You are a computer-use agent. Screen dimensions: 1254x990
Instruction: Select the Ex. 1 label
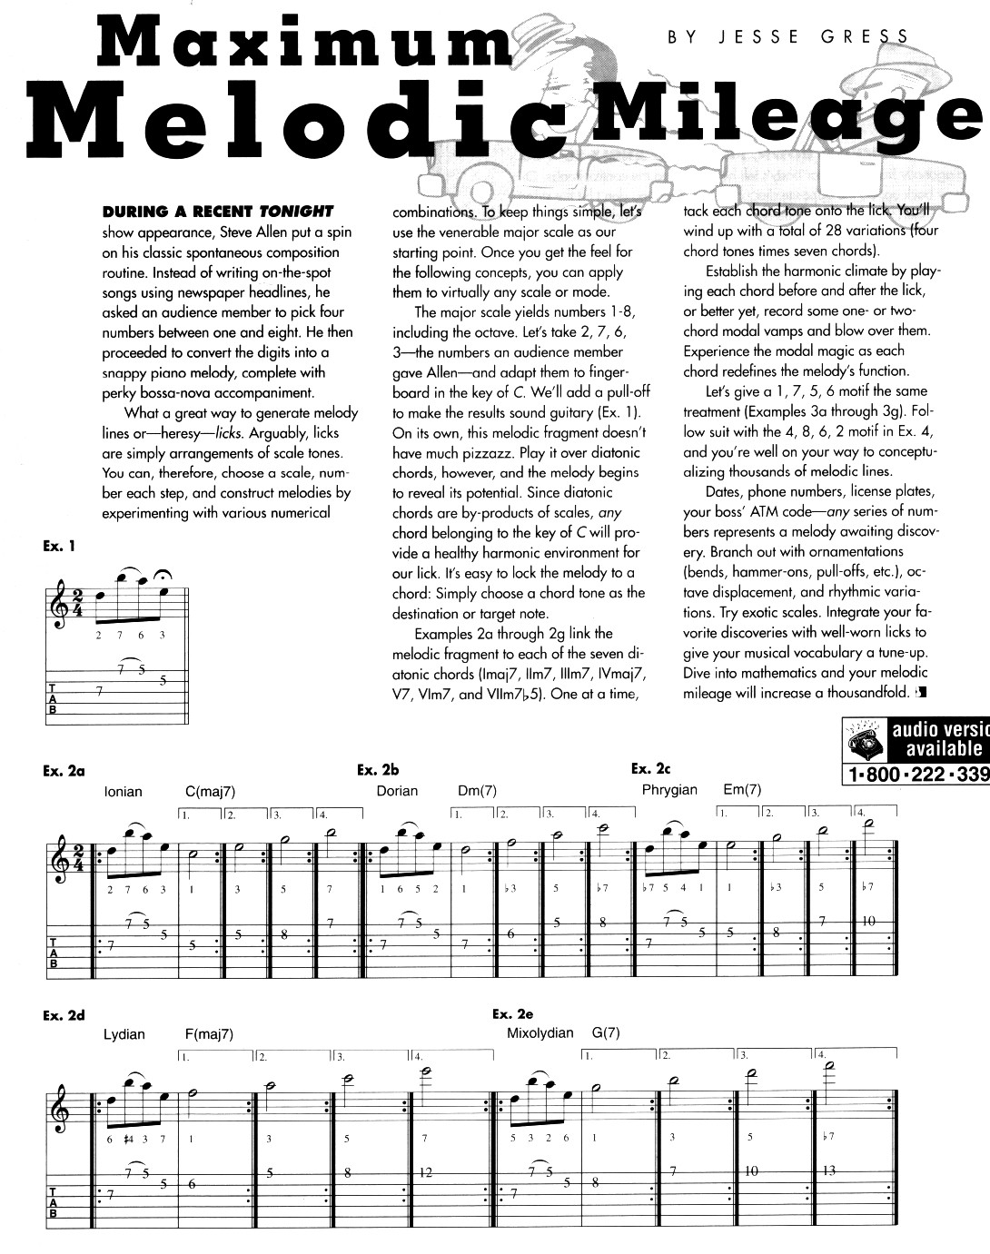click(x=58, y=546)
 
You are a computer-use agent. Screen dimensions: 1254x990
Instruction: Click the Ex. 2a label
click(x=64, y=771)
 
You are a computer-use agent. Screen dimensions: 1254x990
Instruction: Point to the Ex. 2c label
click(x=650, y=769)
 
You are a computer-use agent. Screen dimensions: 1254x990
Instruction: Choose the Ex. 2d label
click(x=64, y=1015)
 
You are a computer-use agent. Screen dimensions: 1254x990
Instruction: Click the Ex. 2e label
click(x=512, y=1013)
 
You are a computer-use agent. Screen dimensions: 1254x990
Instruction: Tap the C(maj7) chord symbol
click(x=210, y=792)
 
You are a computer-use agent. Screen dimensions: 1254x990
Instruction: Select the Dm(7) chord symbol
click(x=477, y=791)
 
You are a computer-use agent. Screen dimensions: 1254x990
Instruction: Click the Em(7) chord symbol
click(x=742, y=790)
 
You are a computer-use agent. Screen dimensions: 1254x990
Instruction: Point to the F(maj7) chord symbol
click(x=209, y=1034)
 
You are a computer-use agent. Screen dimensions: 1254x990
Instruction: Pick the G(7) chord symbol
click(x=605, y=1033)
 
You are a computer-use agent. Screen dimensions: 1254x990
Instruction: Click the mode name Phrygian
click(x=669, y=790)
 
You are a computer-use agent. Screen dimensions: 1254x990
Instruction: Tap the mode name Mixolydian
click(x=540, y=1033)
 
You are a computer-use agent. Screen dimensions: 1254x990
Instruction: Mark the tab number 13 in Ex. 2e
click(x=828, y=1171)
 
